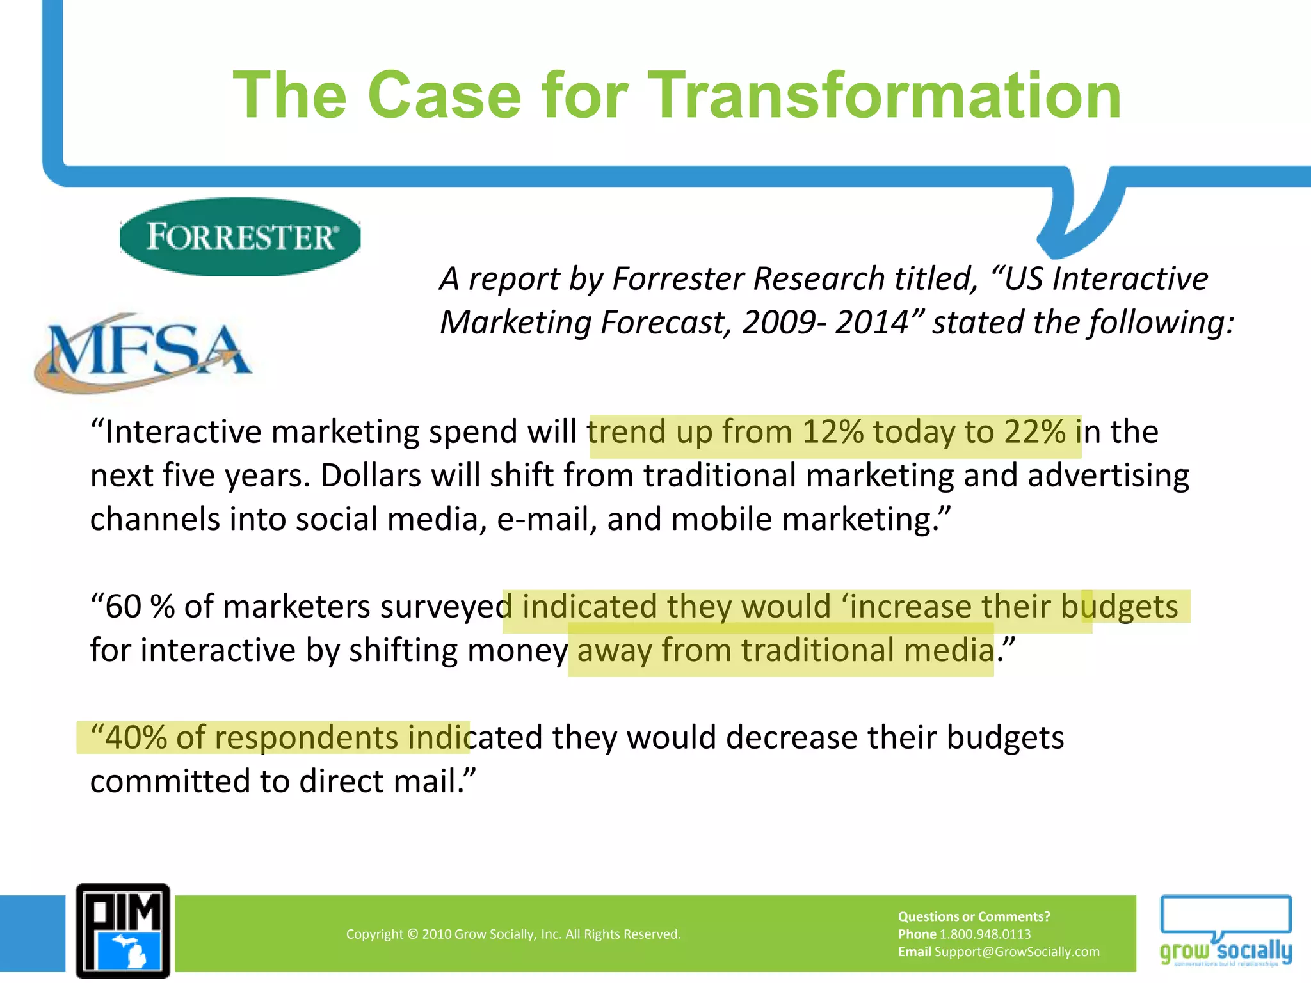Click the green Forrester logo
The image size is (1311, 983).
point(240,237)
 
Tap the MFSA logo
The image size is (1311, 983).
point(144,351)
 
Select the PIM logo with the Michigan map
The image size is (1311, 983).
point(123,931)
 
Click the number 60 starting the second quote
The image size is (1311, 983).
point(123,607)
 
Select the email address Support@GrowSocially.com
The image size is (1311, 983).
point(1017,952)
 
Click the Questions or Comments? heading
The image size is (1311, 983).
point(974,916)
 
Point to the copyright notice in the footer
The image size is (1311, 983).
point(513,934)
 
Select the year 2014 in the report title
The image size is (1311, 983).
point(871,323)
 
